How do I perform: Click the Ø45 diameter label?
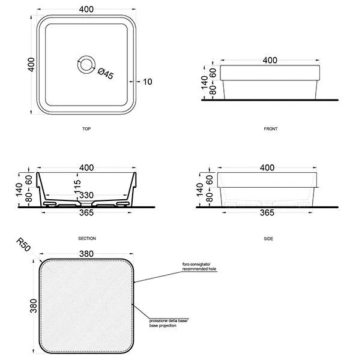pos(106,74)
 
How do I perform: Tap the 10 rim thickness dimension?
pos(148,82)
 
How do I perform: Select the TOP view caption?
pos(86,129)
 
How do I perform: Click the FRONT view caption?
pos(271,129)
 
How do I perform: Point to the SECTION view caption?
pos(87,238)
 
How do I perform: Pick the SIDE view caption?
pos(268,239)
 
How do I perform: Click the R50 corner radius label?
pos(23,245)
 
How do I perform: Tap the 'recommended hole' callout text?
pos(199,269)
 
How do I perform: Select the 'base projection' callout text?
pos(163,325)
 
